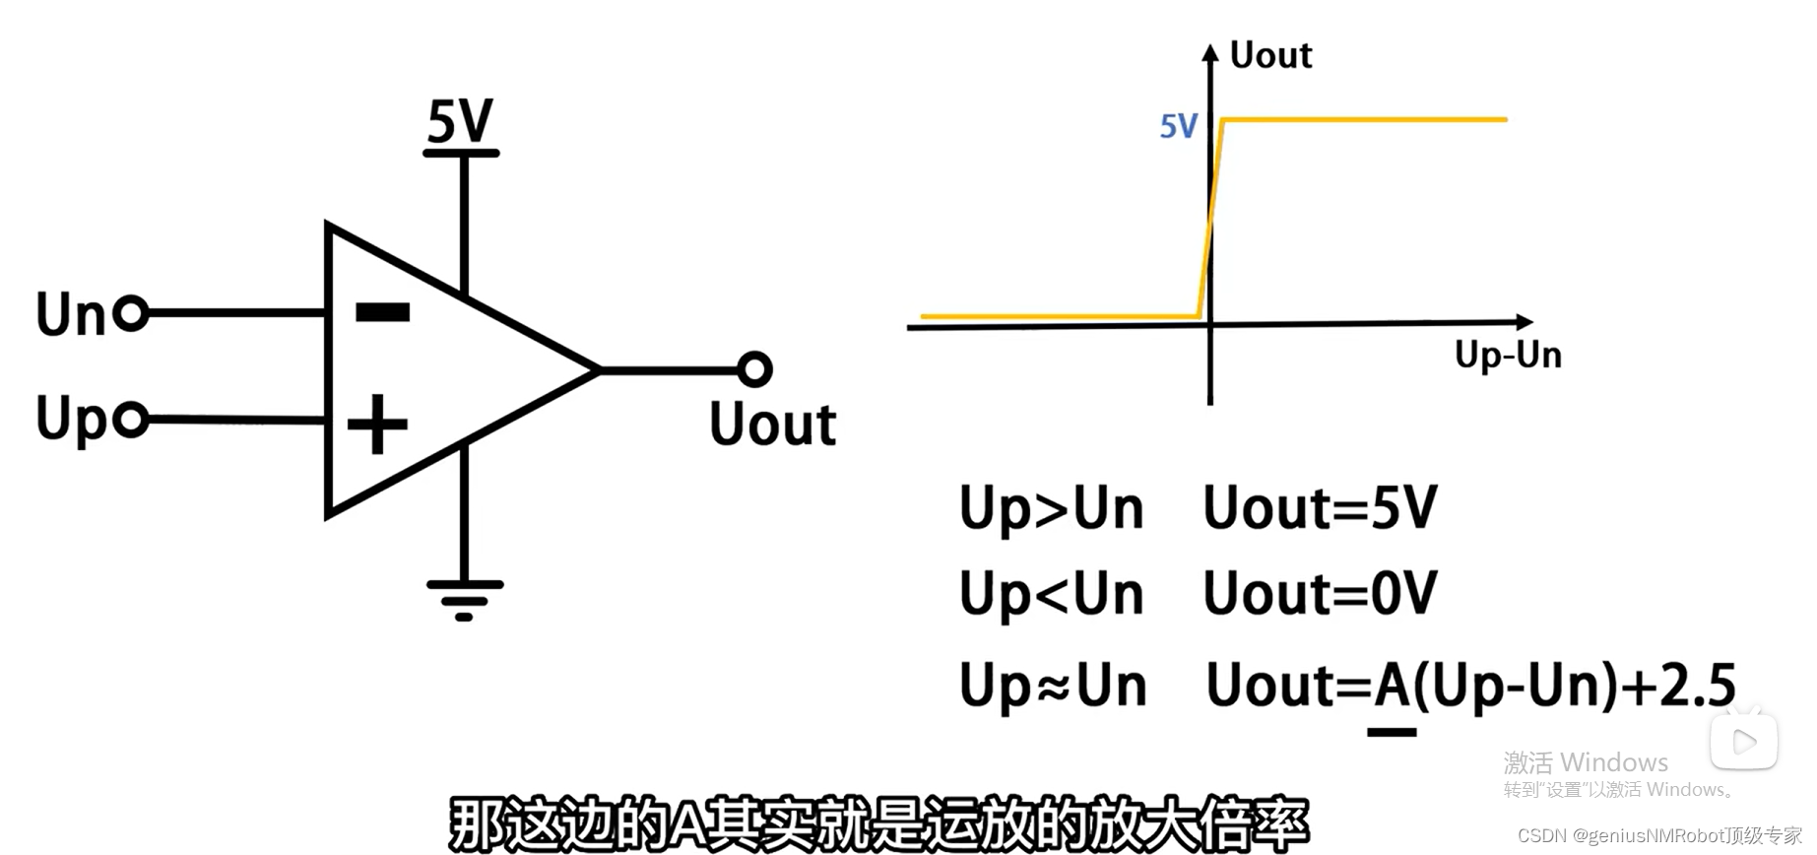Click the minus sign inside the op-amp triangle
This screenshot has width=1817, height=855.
(x=382, y=312)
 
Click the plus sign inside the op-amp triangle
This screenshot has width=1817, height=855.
(x=377, y=425)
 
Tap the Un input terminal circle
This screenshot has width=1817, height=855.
(x=131, y=313)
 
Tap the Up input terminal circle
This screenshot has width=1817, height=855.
(x=131, y=420)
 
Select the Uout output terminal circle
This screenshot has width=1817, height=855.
(x=754, y=369)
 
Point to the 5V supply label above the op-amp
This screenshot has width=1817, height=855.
(x=460, y=122)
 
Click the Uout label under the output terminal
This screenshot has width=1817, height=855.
(x=773, y=425)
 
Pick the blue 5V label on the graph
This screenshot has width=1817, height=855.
(x=1179, y=126)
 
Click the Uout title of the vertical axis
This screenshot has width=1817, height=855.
(x=1270, y=56)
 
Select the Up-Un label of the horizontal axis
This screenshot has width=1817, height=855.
(x=1508, y=355)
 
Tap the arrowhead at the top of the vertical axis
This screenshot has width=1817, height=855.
(x=1210, y=52)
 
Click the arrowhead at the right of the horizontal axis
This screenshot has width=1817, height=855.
(x=1525, y=322)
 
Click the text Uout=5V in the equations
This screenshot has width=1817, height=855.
(x=1320, y=508)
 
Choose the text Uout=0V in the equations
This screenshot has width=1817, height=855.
(x=1320, y=594)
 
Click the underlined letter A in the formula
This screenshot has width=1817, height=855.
(x=1393, y=686)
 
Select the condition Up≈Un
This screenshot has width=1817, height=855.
(x=1053, y=686)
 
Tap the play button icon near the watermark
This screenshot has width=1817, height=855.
(x=1743, y=742)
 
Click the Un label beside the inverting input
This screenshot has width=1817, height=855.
(x=70, y=315)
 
